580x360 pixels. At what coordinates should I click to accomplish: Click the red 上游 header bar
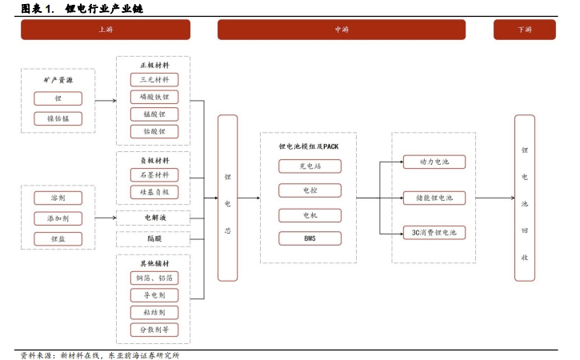105,30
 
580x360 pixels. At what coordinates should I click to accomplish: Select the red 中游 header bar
342,30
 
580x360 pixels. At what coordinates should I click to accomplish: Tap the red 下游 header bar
524,30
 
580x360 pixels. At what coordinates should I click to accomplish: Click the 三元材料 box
154,80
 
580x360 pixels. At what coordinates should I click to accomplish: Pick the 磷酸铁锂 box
154,98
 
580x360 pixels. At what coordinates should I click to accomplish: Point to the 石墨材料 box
154,175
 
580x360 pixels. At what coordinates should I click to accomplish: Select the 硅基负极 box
154,193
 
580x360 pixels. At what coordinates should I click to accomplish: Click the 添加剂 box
58,218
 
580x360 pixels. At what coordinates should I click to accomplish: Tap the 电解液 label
154,217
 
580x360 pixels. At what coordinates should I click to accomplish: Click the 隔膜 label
154,238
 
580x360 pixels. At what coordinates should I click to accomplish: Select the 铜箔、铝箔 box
154,278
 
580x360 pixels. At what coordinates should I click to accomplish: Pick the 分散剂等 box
154,330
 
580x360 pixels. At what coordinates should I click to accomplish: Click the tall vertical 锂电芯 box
228,198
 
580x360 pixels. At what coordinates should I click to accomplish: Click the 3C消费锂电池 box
434,233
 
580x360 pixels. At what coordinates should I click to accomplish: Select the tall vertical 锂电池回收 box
524,198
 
